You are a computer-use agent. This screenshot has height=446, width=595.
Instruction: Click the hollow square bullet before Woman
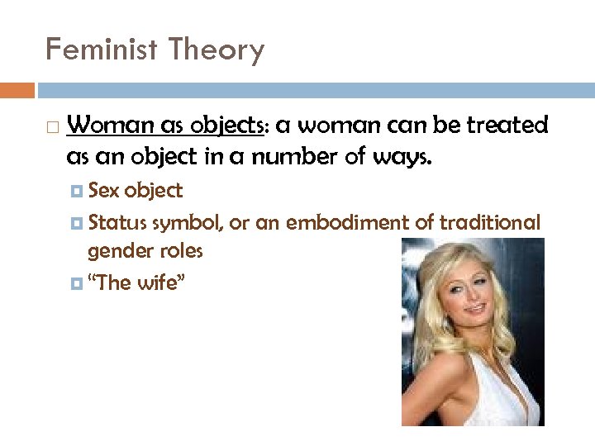click(x=52, y=127)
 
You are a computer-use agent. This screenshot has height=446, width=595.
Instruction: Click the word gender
click(x=117, y=251)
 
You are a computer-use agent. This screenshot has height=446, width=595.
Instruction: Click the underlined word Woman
click(x=108, y=126)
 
